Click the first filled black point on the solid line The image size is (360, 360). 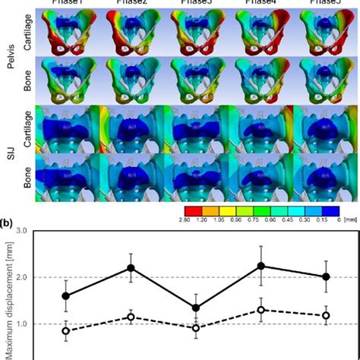66,296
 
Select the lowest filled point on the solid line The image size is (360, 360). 197,308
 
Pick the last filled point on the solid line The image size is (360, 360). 327,276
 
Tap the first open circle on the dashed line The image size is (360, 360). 66,331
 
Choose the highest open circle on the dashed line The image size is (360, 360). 262,310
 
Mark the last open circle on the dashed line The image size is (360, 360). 327,315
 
